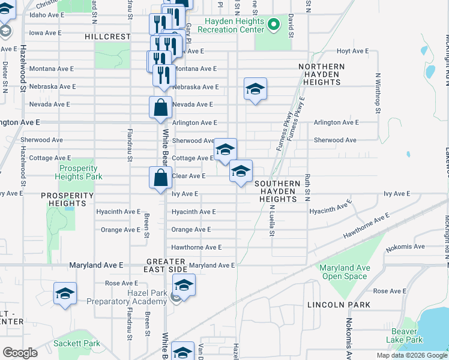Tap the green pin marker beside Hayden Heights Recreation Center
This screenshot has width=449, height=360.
pyautogui.click(x=274, y=25)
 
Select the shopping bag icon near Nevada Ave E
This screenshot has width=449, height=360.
pyautogui.click(x=160, y=108)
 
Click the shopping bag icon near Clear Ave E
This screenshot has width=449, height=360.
pyautogui.click(x=160, y=178)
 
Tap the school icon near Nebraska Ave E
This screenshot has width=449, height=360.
pyautogui.click(x=255, y=89)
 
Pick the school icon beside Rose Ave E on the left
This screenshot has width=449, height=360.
pyautogui.click(x=65, y=294)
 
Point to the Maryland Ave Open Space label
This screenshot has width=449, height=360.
pyautogui.click(x=344, y=272)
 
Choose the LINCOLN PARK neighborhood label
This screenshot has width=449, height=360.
pyautogui.click(x=339, y=305)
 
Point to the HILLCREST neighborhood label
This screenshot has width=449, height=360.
pyautogui.click(x=107, y=37)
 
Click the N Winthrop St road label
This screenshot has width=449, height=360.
pyautogui.click(x=378, y=93)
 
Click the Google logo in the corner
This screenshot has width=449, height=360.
pyautogui.click(x=20, y=353)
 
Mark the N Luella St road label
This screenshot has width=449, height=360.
pyautogui.click(x=271, y=220)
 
